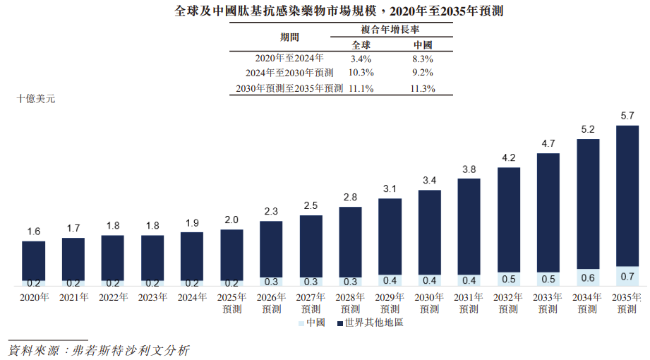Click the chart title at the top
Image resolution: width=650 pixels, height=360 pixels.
pos(332,12)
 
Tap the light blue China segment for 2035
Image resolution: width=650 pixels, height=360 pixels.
pos(627,277)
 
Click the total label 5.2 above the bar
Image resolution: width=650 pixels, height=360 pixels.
pos(588,129)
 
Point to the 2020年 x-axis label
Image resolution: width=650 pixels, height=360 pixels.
pos(34,298)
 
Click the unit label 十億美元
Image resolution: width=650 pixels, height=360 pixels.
pos(36,99)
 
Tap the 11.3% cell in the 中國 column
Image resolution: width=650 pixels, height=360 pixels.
pos(422,89)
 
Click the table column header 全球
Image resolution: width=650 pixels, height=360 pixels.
pos(361,44)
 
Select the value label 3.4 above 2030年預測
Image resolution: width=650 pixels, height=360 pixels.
pos(429,180)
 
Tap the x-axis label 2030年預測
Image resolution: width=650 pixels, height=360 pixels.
pos(429,303)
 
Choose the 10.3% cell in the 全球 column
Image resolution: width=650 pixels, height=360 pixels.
pos(361,73)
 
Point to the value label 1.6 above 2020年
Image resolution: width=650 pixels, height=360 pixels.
pos(34,232)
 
